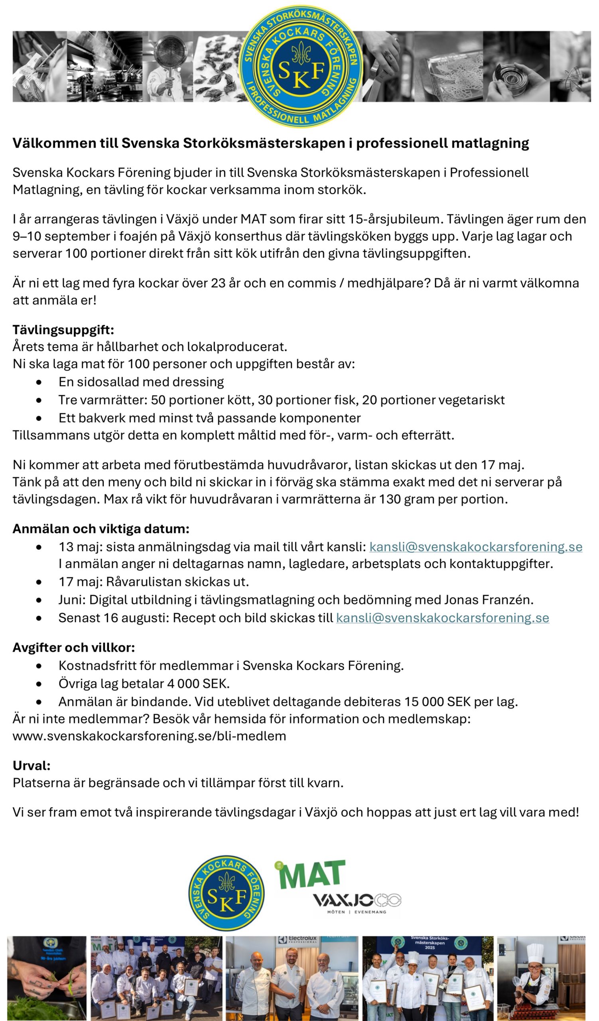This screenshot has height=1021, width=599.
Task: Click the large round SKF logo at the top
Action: click(x=301, y=66)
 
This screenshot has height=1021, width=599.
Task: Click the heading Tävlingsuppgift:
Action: click(x=63, y=330)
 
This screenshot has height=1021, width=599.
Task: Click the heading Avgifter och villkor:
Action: click(x=74, y=647)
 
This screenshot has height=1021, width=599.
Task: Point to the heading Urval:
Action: click(x=32, y=765)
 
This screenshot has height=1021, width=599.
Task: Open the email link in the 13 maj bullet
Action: click(x=476, y=547)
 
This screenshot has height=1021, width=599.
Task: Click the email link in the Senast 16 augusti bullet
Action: click(x=442, y=618)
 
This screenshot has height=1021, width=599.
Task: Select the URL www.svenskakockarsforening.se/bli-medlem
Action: click(x=149, y=736)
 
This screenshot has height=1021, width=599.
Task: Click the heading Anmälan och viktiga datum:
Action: click(x=101, y=529)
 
